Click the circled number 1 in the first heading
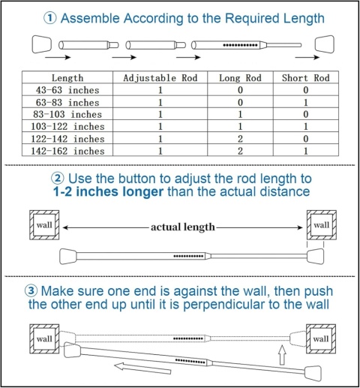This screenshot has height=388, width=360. [x=50, y=18]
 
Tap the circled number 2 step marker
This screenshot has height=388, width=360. [x=58, y=179]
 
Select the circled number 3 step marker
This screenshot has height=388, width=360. [x=31, y=291]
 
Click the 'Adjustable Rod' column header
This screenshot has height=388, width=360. [x=160, y=78]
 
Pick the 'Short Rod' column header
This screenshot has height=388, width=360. [x=306, y=78]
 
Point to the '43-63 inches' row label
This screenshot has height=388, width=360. [x=67, y=90]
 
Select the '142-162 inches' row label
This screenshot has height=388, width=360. [x=67, y=151]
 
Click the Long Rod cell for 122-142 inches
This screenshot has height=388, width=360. [x=240, y=139]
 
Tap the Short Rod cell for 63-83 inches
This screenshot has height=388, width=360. [x=306, y=102]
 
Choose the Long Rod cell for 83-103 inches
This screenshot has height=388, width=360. [x=240, y=114]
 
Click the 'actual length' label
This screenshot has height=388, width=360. [x=183, y=227]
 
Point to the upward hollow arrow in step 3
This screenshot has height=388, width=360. [x=282, y=355]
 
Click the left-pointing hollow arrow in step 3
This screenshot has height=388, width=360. [x=142, y=368]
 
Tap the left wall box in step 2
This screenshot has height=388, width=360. [x=44, y=225]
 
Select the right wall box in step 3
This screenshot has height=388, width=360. [x=321, y=338]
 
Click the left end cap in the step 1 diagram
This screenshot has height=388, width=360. [x=42, y=44]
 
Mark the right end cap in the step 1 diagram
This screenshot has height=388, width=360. [x=325, y=44]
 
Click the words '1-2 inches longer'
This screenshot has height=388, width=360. [x=108, y=191]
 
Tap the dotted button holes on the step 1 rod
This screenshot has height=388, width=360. [x=240, y=45]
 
